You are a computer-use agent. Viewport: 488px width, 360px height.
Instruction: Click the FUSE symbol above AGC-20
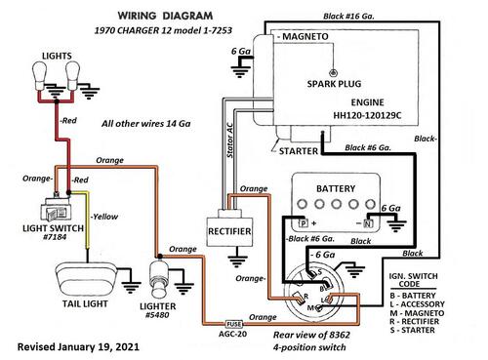click(x=234, y=324)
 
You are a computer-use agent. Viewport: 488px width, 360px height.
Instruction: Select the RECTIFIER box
click(x=229, y=231)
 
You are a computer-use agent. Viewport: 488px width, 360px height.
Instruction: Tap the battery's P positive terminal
click(x=304, y=223)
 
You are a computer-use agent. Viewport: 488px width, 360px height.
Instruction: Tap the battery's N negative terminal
click(x=368, y=223)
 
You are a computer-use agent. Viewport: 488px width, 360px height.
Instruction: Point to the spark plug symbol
click(x=333, y=72)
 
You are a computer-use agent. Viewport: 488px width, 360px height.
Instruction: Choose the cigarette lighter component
click(x=159, y=276)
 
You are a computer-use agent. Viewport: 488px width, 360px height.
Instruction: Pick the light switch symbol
click(x=56, y=210)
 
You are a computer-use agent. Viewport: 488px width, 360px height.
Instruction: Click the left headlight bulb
click(x=40, y=77)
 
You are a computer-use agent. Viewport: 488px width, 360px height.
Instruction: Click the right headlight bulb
click(x=72, y=76)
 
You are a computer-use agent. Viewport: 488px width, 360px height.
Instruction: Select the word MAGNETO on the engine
click(x=305, y=36)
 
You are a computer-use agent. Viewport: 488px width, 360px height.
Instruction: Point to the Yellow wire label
click(x=104, y=217)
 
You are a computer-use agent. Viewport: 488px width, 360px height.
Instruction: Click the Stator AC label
click(x=229, y=140)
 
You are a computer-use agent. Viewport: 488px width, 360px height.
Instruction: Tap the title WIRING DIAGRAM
click(x=165, y=16)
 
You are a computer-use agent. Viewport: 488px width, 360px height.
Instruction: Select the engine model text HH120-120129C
click(x=367, y=115)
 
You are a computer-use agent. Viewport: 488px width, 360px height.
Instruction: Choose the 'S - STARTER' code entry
click(x=412, y=330)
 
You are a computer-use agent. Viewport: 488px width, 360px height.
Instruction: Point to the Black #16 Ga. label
click(x=348, y=17)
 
